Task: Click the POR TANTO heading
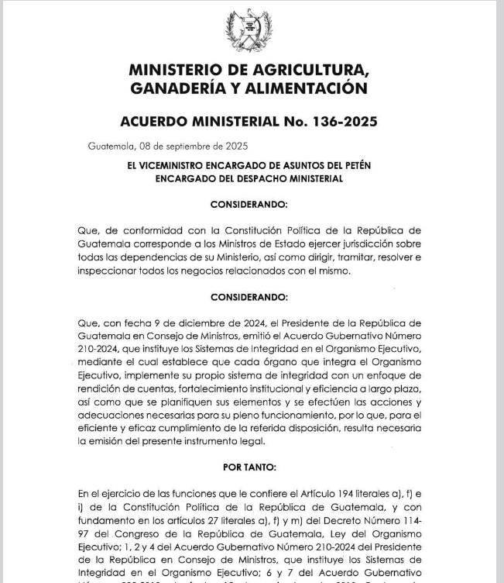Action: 249,468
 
